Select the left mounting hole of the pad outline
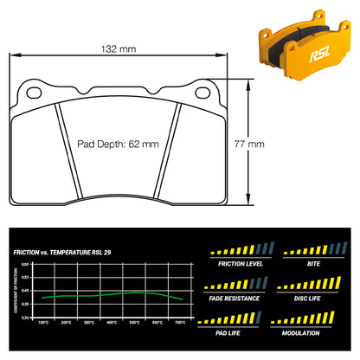pos(34,91)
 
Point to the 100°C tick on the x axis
pos(43,322)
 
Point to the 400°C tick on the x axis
pos(112,322)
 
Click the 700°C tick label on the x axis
pos(180,322)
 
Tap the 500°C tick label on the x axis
pos(134,322)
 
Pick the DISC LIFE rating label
pos(307,299)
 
